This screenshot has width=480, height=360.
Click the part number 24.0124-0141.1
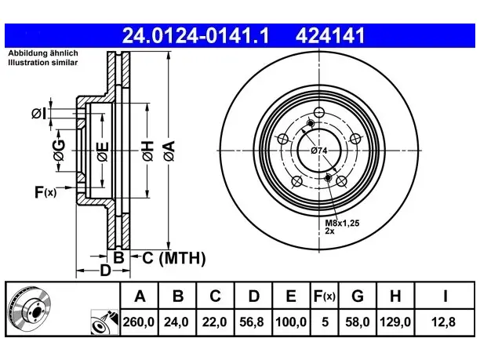pos(195,35)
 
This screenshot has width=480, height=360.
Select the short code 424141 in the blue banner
pos(330,35)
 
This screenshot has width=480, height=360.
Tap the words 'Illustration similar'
pos(43,63)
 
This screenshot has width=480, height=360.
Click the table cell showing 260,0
pos(139,322)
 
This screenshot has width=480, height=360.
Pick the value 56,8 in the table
pos(252,322)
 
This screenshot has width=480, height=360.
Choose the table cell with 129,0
pos(395,322)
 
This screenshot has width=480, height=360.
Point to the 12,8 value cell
pos(444,322)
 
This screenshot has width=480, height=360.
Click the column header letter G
pos(358,296)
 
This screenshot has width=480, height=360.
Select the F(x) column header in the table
pos(325,296)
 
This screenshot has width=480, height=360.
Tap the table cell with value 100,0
pos(291,322)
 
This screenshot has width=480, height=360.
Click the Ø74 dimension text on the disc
pos(319,151)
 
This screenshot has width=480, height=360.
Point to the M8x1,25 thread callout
pos(342,223)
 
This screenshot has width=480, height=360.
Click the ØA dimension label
pos(169,151)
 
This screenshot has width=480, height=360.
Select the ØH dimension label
pos(147,151)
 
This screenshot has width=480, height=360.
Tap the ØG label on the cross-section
pos(59,151)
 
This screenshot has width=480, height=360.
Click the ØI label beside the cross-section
pos(39,114)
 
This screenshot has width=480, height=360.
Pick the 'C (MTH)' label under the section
pos(174,258)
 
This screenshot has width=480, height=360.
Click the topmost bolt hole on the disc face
pos(319,112)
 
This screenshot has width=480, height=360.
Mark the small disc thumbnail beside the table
pos(29,310)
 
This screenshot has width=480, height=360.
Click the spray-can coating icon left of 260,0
pos(104,322)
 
